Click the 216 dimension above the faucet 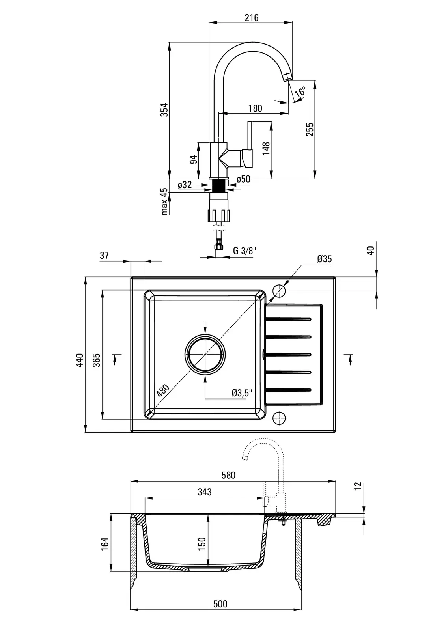[x=251, y=17]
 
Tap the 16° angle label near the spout [x=301, y=92]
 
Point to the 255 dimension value [x=310, y=130]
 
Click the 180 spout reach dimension [x=255, y=108]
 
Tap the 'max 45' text [x=165, y=201]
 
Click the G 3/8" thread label [x=245, y=250]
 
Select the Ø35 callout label [x=324, y=259]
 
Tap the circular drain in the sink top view [x=205, y=354]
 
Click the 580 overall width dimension [x=228, y=475]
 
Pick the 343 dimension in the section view [x=204, y=492]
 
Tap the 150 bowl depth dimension [x=202, y=543]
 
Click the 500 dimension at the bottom [x=220, y=604]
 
